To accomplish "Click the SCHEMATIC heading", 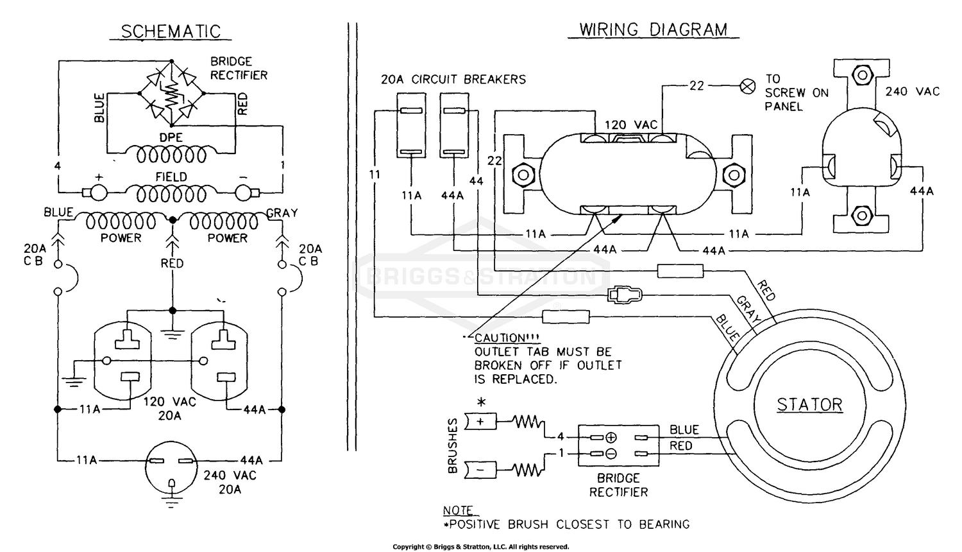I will [171, 31].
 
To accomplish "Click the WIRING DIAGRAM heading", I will [653, 30].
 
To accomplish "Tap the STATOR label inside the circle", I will [809, 405].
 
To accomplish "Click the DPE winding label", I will [171, 137].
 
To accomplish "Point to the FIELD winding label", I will [171, 177].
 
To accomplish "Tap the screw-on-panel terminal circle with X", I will [748, 86].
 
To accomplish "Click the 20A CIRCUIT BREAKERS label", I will [453, 80].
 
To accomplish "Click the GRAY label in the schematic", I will [282, 213].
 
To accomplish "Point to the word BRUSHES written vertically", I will [453, 445].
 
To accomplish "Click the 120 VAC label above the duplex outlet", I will [631, 125].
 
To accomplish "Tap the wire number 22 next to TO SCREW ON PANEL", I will [696, 85].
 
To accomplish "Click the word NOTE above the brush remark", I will [458, 511].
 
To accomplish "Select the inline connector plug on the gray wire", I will [624, 295].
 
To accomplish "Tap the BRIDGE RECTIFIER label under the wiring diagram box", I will [618, 485].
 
